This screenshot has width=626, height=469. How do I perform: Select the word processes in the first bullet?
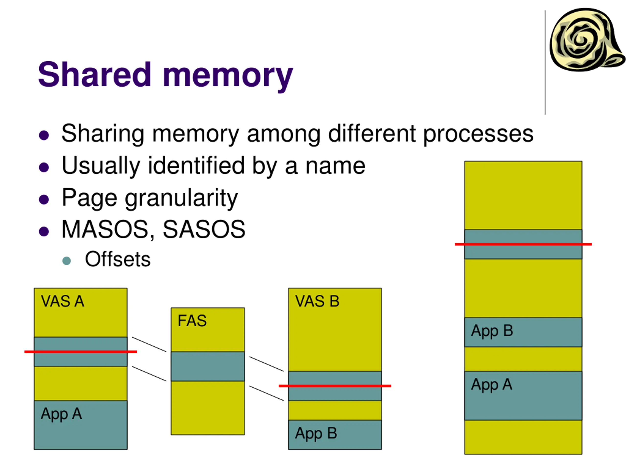point(478,135)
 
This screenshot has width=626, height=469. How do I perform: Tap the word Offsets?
point(118,259)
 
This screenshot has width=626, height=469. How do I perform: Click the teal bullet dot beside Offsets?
point(67,261)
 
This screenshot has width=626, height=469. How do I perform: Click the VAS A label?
point(63,301)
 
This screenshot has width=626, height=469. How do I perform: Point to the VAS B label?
point(317,301)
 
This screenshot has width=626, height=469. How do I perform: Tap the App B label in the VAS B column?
point(316,434)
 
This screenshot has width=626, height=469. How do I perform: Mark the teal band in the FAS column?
point(208,366)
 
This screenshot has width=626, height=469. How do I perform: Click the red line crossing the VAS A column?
point(81,352)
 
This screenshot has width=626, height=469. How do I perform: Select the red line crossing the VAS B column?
point(335,386)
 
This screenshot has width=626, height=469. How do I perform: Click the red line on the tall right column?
point(523,244)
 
